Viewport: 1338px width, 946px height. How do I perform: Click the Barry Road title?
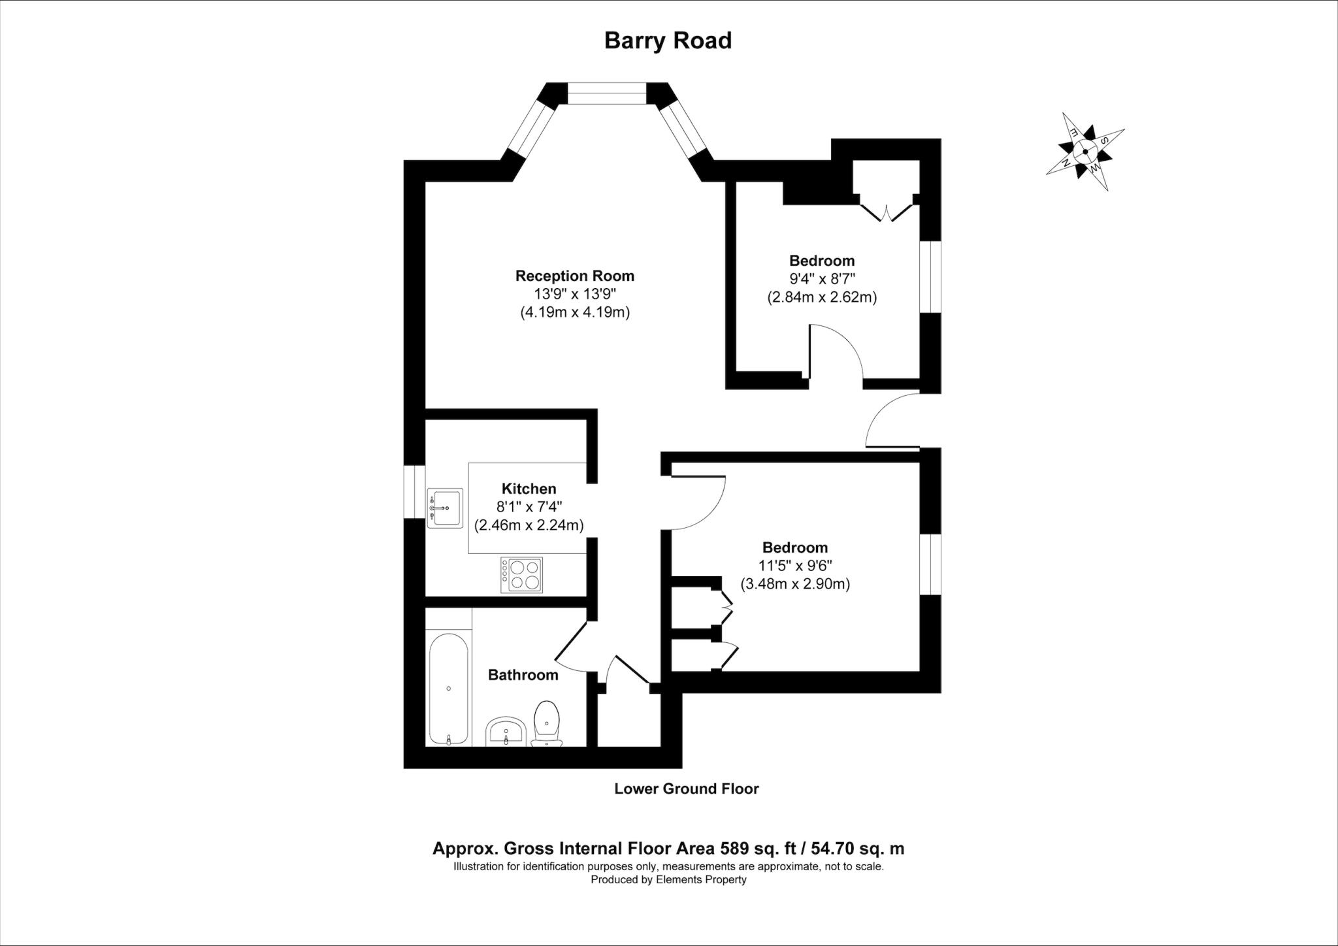668,41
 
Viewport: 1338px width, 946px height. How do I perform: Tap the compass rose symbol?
1085,152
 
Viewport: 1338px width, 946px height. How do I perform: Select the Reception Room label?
575,276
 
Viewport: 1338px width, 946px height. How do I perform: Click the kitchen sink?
444,508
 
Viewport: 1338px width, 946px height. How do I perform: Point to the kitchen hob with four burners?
521,575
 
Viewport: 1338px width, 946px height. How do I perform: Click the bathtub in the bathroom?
448,689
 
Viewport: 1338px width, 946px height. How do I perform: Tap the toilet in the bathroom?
546,722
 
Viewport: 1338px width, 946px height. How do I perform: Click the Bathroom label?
523,675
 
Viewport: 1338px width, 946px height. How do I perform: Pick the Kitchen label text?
529,489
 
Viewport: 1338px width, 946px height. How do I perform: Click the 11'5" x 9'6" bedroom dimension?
795,566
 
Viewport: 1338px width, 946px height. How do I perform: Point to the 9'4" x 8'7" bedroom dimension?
822,279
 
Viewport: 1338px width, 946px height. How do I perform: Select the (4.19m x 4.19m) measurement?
575,312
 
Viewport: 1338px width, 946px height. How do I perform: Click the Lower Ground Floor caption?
687,789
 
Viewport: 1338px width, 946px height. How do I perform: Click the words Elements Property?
701,879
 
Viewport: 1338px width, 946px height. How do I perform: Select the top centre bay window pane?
607,93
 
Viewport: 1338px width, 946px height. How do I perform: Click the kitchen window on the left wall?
414,491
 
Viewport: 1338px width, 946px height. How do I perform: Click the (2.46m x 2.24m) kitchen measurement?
529,525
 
